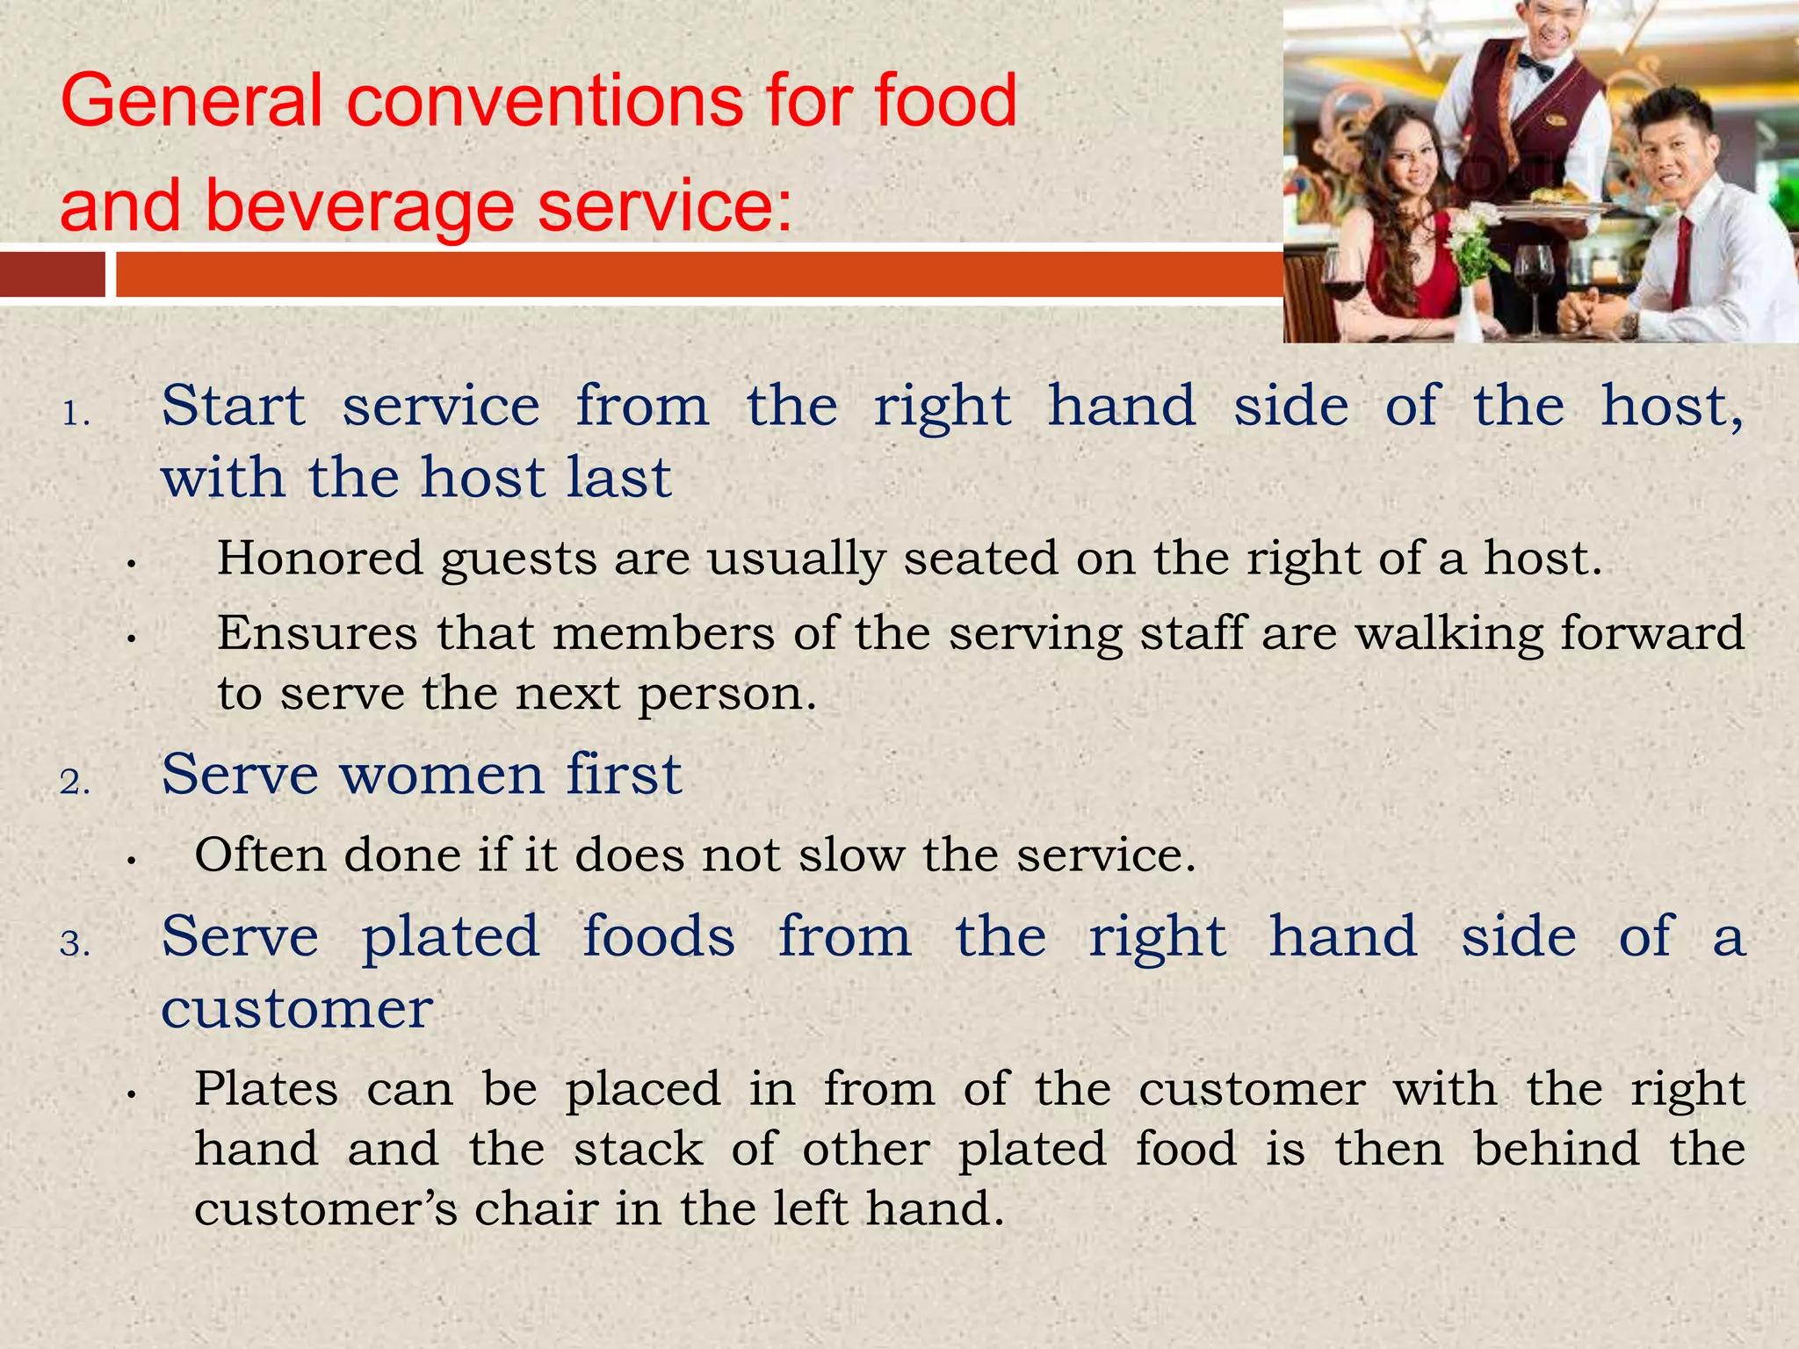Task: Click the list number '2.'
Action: [x=76, y=782]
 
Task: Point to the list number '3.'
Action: [x=76, y=943]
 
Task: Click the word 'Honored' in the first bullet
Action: [x=320, y=559]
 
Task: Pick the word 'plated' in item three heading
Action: [x=451, y=936]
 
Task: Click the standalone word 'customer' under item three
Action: [x=297, y=1008]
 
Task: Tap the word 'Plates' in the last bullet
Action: [x=266, y=1089]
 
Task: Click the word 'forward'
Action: [x=1651, y=633]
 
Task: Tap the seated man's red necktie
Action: [x=1681, y=263]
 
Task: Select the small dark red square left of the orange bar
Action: [x=53, y=274]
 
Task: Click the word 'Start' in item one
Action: [x=234, y=407]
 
